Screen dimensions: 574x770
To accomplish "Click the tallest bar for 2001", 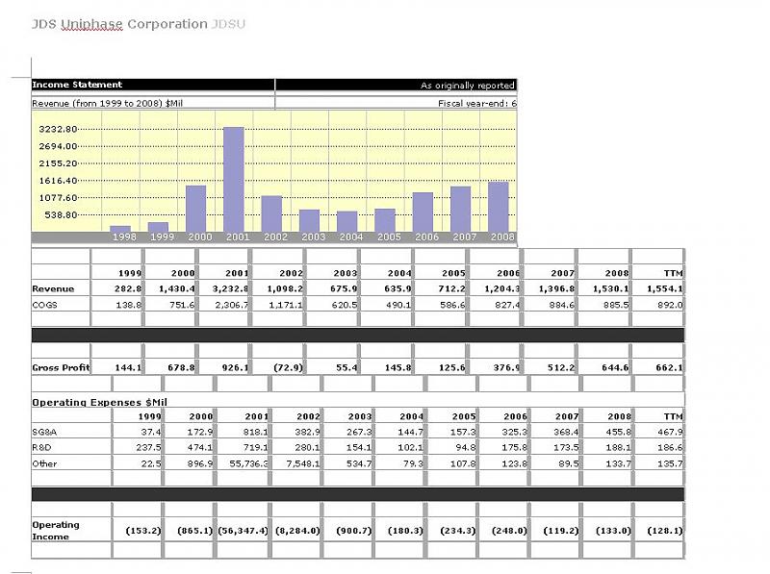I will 234,179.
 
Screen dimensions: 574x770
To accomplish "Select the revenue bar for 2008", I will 498,206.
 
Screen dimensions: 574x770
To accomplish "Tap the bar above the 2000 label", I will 195,208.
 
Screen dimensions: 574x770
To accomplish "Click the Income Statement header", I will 77,85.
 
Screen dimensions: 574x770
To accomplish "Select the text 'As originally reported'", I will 468,86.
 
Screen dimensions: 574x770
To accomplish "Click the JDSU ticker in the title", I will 228,23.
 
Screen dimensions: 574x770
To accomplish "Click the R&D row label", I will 41,448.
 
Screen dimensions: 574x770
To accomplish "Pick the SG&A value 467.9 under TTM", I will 669,432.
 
